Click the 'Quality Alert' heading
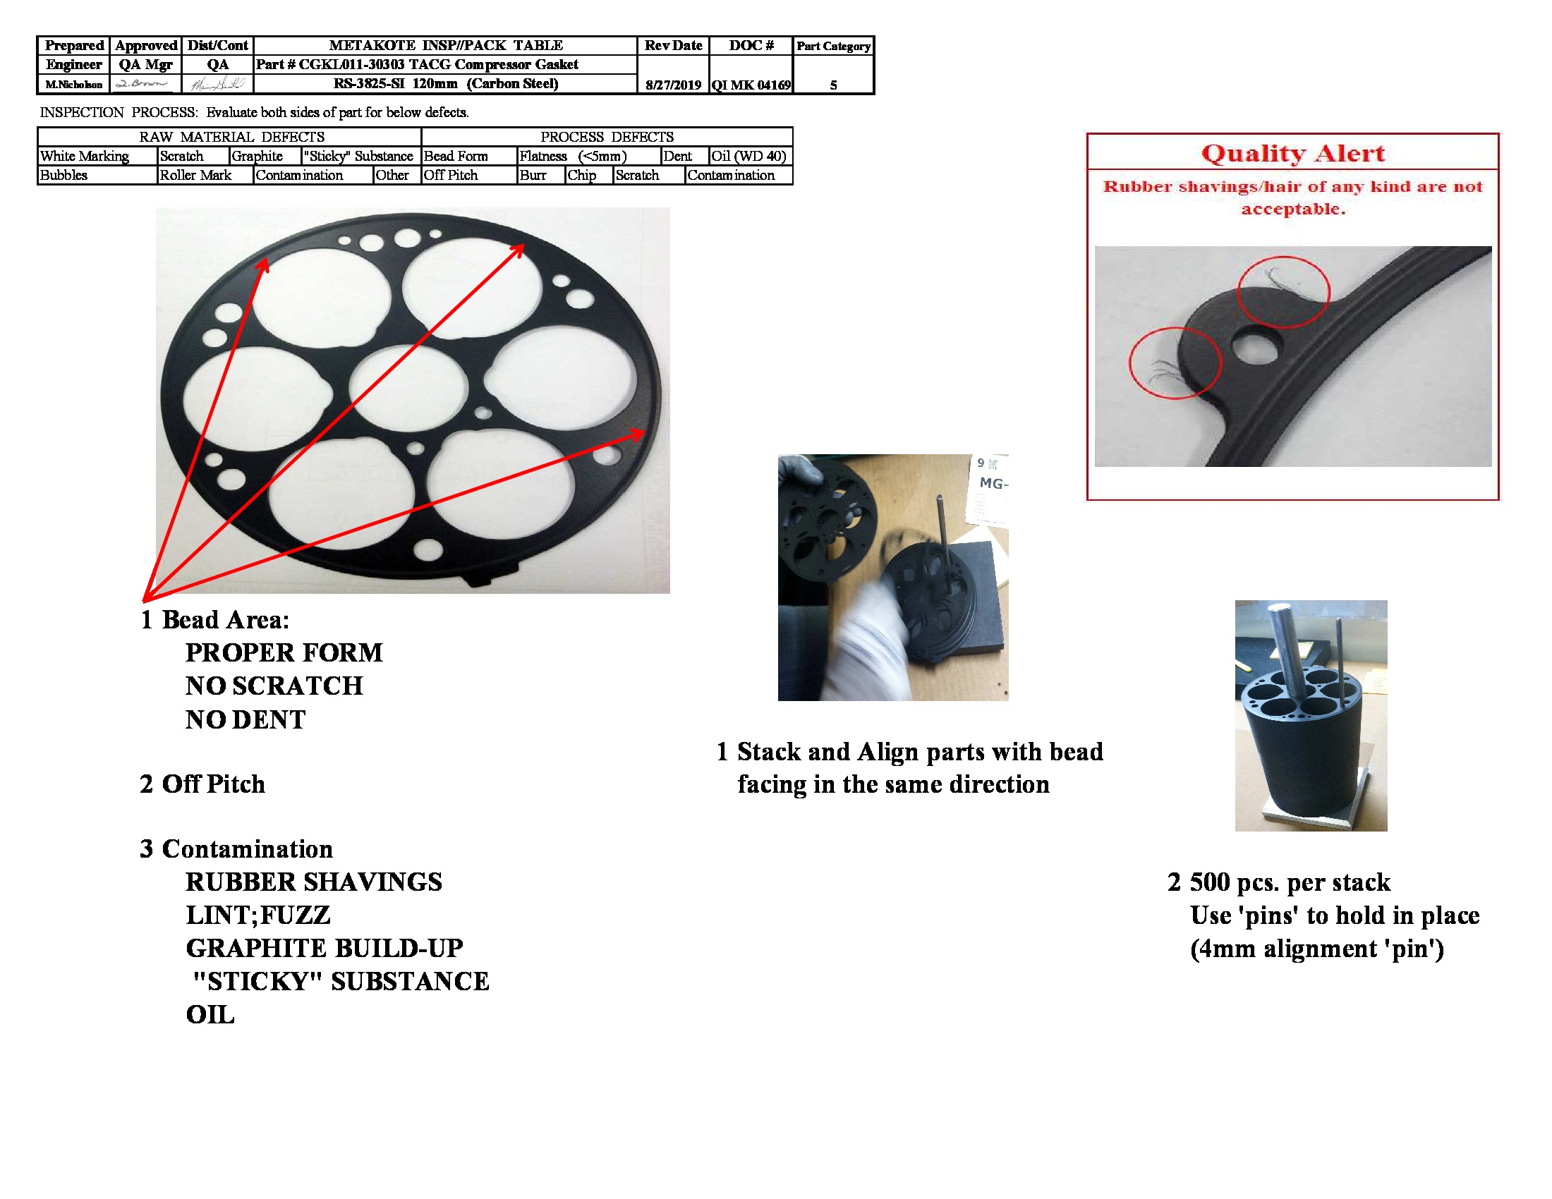coord(1292,154)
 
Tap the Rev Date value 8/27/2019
coord(673,85)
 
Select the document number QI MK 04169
coord(751,85)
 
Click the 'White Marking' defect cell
coord(85,157)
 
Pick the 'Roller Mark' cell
coord(195,176)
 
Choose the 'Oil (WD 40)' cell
coord(749,157)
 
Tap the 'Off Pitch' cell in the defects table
coord(451,176)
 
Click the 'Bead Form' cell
coord(456,157)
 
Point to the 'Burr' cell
coord(533,176)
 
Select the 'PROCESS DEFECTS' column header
coord(607,137)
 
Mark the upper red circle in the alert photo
coord(1283,292)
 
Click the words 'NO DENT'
coord(245,719)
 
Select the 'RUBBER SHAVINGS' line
coord(313,882)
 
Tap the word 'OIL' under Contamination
coord(210,1014)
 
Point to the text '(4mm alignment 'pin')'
coord(1317,948)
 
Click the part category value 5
coord(833,85)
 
